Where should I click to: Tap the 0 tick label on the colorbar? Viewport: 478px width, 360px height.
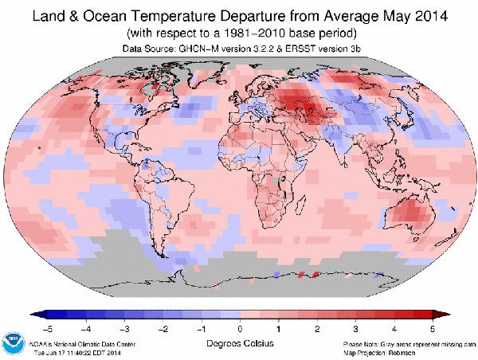[239, 328]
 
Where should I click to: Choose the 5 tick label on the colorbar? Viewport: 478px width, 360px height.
[432, 328]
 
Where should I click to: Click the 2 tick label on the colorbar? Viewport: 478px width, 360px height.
[316, 328]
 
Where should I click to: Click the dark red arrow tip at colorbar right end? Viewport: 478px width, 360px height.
[437, 315]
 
